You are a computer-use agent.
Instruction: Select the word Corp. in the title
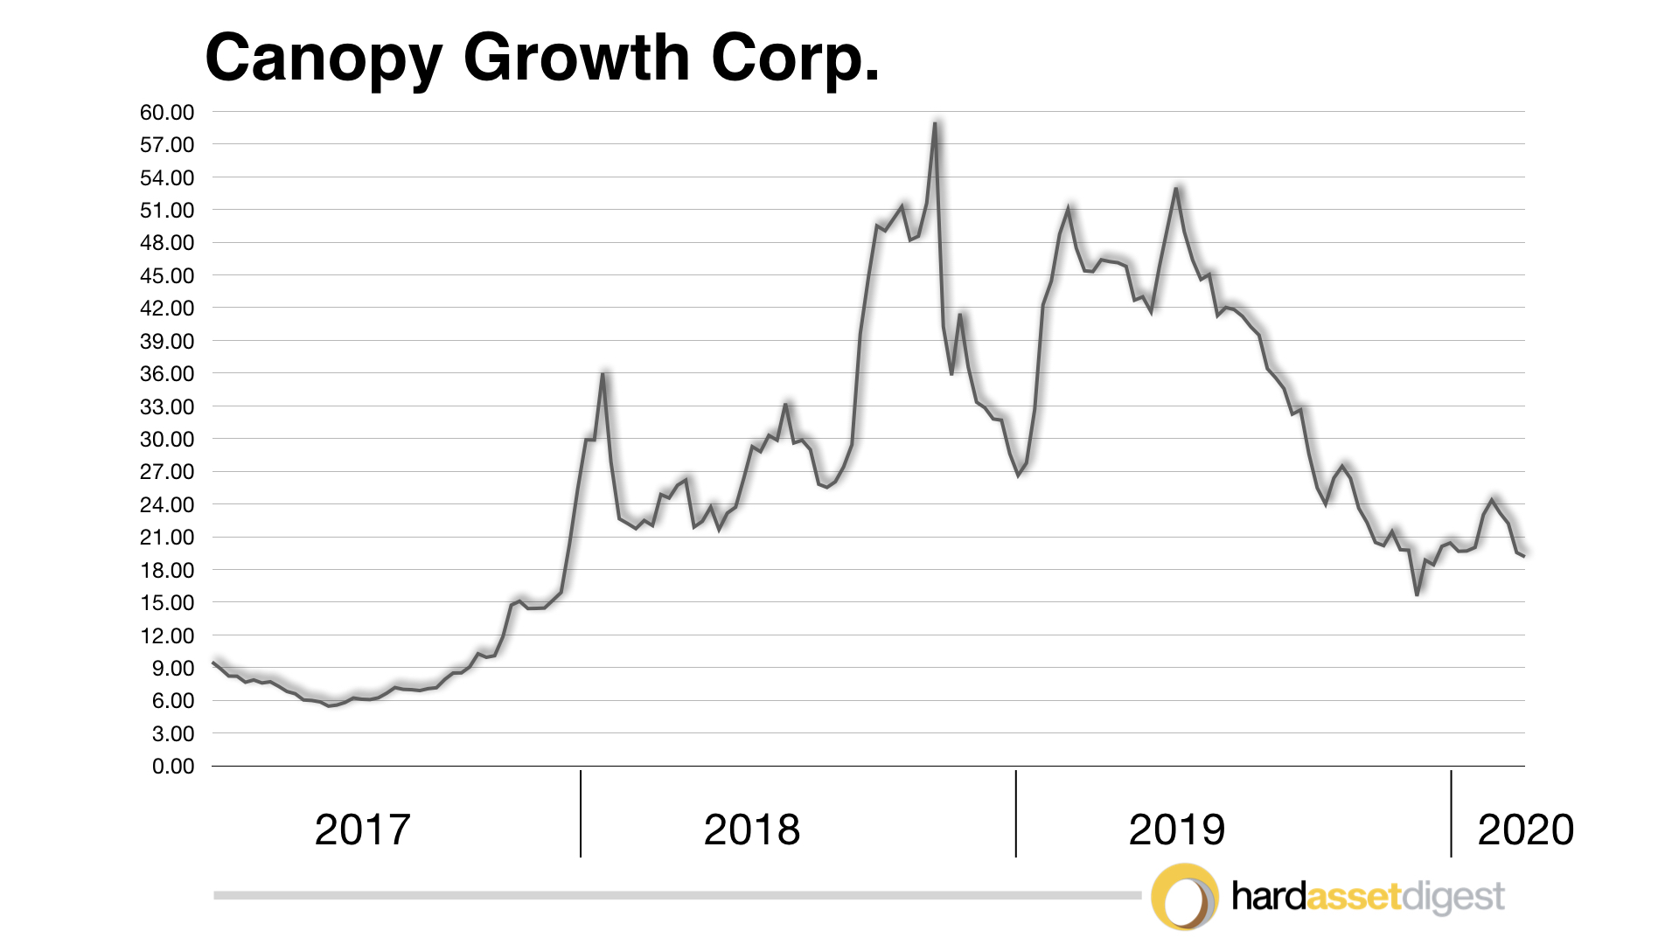tap(795, 59)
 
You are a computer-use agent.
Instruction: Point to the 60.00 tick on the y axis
tap(166, 112)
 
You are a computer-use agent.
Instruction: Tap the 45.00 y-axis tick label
tap(166, 275)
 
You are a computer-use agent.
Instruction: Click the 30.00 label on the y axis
tap(166, 439)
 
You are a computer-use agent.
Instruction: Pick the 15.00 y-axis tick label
tap(166, 602)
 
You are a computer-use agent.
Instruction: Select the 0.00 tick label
tap(172, 767)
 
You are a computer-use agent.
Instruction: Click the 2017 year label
tap(362, 829)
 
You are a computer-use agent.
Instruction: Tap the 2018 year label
tap(751, 829)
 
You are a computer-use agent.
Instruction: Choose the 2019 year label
tap(1176, 829)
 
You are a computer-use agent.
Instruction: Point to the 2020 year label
tap(1525, 829)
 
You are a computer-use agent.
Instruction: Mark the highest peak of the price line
tap(935, 123)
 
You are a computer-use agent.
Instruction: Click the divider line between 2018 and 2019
tap(1015, 813)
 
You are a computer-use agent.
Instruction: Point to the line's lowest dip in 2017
tap(330, 705)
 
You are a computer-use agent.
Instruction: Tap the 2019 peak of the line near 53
tap(1176, 188)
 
